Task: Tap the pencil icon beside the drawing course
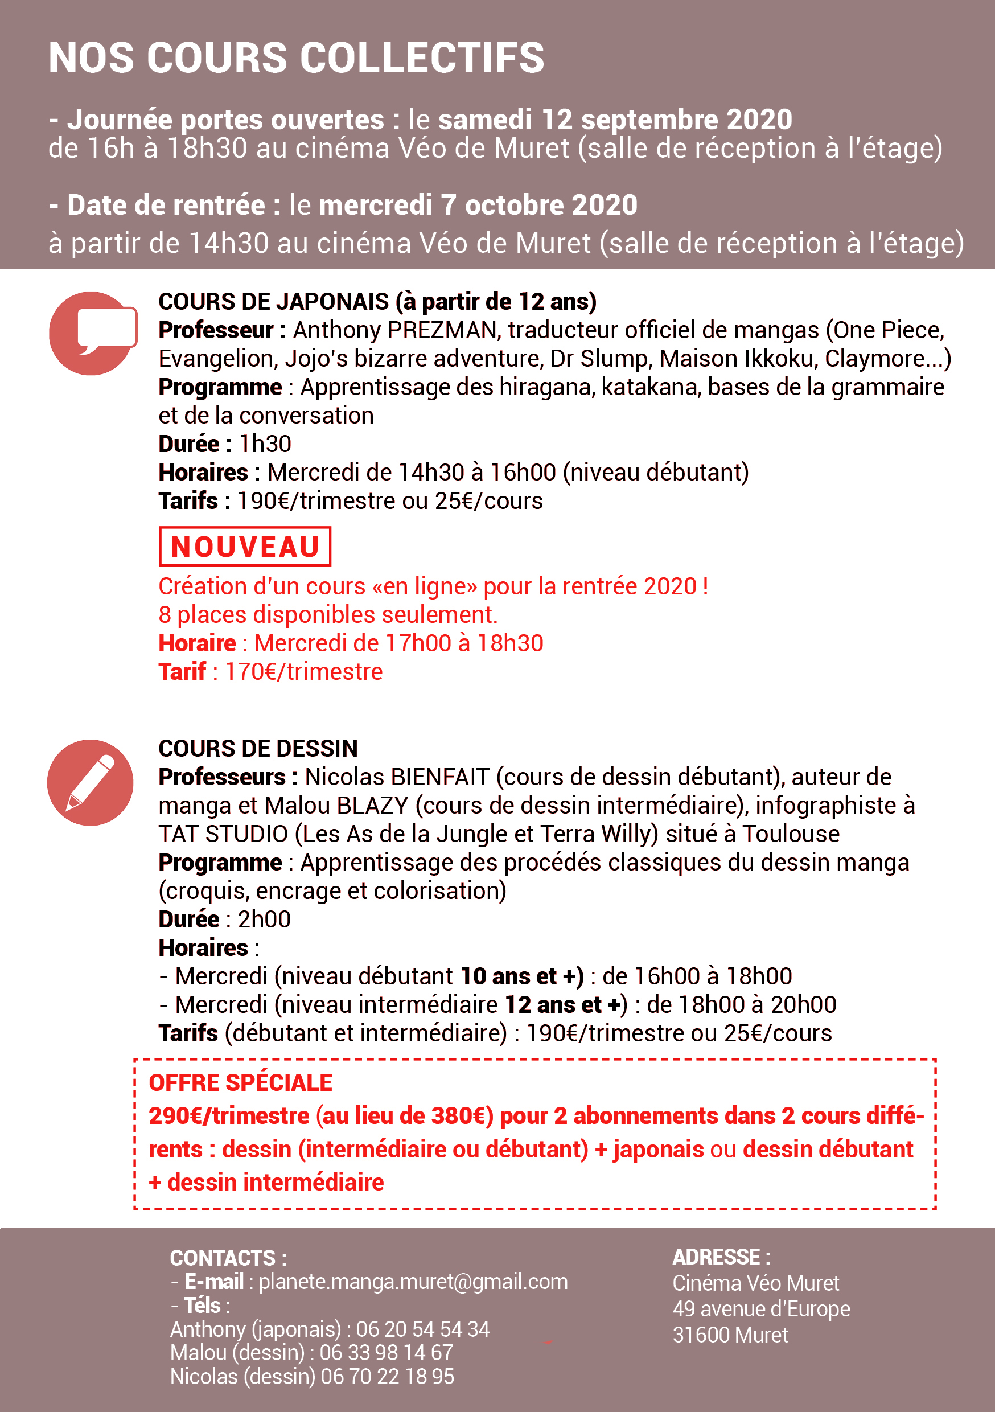pyautogui.click(x=91, y=782)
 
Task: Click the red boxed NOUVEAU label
pyautogui.click(x=245, y=546)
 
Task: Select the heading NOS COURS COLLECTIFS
pyautogui.click(x=297, y=58)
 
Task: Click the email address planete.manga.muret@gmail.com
pyautogui.click(x=413, y=1282)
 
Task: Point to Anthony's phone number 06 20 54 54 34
pyautogui.click(x=422, y=1329)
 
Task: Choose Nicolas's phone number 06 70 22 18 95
pyautogui.click(x=388, y=1376)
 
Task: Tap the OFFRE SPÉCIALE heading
pyautogui.click(x=240, y=1082)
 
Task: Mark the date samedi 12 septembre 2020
pyautogui.click(x=615, y=120)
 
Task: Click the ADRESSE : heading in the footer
pyautogui.click(x=721, y=1257)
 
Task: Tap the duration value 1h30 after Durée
pyautogui.click(x=265, y=444)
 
